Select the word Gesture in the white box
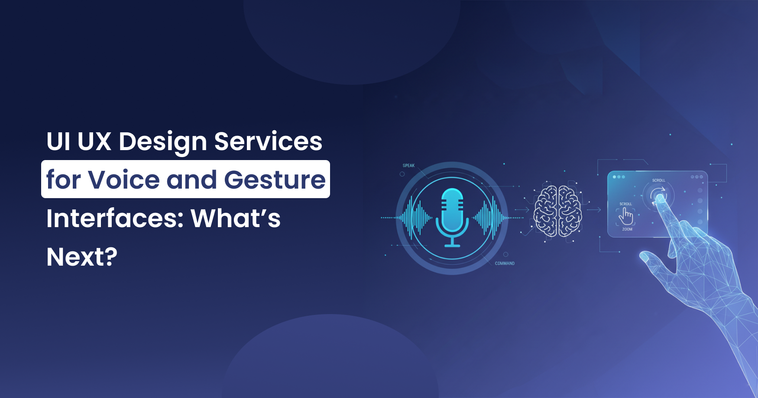pyautogui.click(x=275, y=180)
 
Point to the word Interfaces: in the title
pyautogui.click(x=115, y=218)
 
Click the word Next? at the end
pyautogui.click(x=82, y=257)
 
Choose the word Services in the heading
pyautogui.click(x=268, y=141)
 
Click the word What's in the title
pyautogui.click(x=236, y=218)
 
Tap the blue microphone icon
pyautogui.click(x=452, y=217)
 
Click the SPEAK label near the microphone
pyautogui.click(x=408, y=166)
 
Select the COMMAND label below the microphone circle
pyautogui.click(x=505, y=263)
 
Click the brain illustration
pyautogui.click(x=557, y=211)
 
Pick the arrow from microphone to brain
pyautogui.click(x=522, y=210)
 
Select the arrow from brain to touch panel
pyautogui.click(x=593, y=210)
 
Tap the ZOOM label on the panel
pyautogui.click(x=627, y=229)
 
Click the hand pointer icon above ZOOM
pyautogui.click(x=626, y=215)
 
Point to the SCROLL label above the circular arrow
pyautogui.click(x=658, y=180)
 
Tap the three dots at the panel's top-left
pyautogui.click(x=619, y=177)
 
